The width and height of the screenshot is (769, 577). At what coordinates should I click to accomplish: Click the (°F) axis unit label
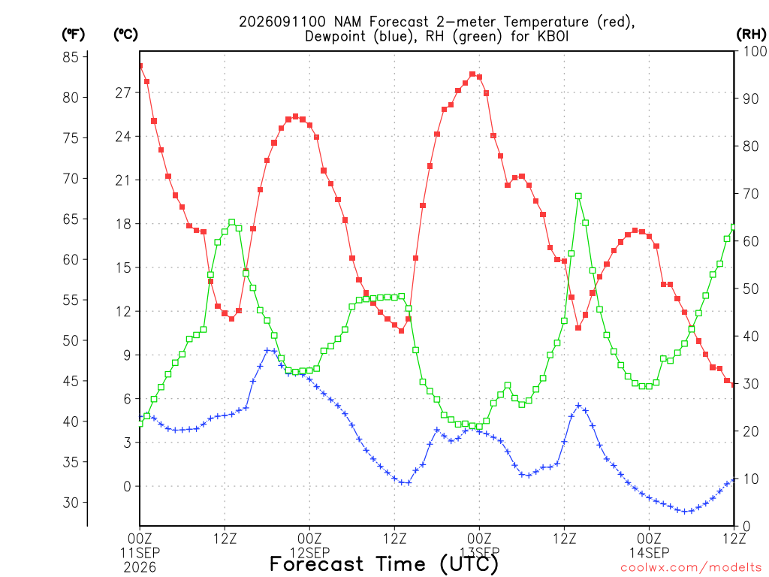pos(73,35)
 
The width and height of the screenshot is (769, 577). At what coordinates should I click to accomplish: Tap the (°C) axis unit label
pos(125,35)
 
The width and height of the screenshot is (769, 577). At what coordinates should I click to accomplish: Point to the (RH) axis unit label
pos(751,35)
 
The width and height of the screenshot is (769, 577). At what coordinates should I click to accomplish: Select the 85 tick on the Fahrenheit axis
pos(71,57)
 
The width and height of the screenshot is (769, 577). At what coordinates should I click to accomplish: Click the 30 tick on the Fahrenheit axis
pos(71,503)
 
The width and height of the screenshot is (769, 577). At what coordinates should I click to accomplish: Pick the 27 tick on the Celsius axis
pos(123,92)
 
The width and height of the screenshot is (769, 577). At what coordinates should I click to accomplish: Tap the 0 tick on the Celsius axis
pos(127,486)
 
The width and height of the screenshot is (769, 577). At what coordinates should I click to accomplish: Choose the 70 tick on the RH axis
pos(750,194)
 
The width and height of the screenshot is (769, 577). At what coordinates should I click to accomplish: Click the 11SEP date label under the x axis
pos(140,553)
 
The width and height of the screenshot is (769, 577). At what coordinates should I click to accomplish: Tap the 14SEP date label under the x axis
pos(650,553)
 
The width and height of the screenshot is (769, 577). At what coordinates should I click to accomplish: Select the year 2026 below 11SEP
pos(140,568)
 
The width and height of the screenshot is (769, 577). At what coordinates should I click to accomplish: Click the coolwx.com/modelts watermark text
pos(691,568)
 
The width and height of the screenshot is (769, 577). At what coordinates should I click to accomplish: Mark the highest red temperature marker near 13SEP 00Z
pos(472,74)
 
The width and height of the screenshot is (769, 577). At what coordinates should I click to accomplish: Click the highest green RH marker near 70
pos(578,196)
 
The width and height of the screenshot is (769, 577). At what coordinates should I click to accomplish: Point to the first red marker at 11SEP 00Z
pos(140,66)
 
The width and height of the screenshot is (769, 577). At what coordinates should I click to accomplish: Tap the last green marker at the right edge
pos(733,227)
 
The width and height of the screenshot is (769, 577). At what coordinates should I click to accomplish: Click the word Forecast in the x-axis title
pos(316,564)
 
